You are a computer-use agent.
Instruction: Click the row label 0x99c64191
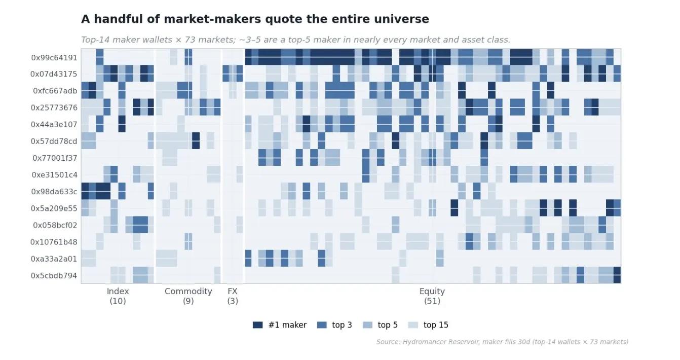54,58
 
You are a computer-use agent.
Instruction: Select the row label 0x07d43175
54,74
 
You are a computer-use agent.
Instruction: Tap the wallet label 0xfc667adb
55,91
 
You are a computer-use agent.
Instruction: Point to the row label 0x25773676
54,108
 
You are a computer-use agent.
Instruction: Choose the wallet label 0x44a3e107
54,125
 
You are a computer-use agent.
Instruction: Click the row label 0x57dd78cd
54,141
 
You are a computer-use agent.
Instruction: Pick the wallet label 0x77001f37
55,158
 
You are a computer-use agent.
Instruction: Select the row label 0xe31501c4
55,175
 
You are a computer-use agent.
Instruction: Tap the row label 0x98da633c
54,192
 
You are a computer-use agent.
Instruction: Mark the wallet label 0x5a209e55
54,208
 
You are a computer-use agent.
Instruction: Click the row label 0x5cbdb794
54,276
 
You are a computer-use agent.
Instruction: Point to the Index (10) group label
118,296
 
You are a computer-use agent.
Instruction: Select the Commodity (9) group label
188,296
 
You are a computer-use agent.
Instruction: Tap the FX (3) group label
233,296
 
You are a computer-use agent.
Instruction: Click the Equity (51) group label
432,296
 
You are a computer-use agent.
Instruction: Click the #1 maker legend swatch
258,325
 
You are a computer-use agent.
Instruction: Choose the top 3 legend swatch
322,325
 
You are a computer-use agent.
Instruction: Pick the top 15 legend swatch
413,325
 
